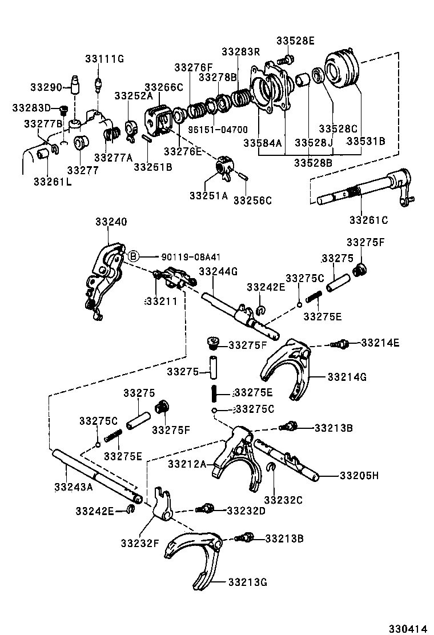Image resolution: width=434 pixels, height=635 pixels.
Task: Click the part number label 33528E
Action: click(x=295, y=41)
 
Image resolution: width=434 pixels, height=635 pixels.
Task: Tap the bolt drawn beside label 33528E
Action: click(x=287, y=58)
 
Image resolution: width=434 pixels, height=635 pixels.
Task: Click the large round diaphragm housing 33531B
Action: click(x=341, y=70)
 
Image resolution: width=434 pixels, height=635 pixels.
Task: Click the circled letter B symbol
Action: click(x=132, y=256)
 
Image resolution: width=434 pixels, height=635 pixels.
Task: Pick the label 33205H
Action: click(x=359, y=475)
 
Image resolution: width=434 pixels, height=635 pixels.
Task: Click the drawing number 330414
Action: click(x=408, y=627)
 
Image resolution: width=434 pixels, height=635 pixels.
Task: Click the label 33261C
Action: click(x=368, y=219)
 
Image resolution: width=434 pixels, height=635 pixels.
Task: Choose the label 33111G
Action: click(x=105, y=59)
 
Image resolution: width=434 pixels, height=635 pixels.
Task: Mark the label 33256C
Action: click(x=252, y=200)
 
